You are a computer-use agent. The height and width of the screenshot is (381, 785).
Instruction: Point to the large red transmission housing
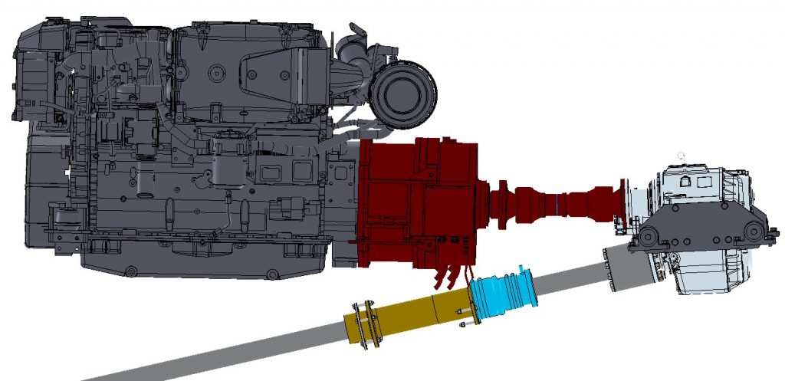pyautogui.click(x=418, y=203)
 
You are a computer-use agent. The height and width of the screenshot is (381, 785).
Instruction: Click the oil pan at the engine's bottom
pyautogui.click(x=207, y=264)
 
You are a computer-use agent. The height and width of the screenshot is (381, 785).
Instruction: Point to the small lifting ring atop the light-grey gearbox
pyautogui.click(x=679, y=156)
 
